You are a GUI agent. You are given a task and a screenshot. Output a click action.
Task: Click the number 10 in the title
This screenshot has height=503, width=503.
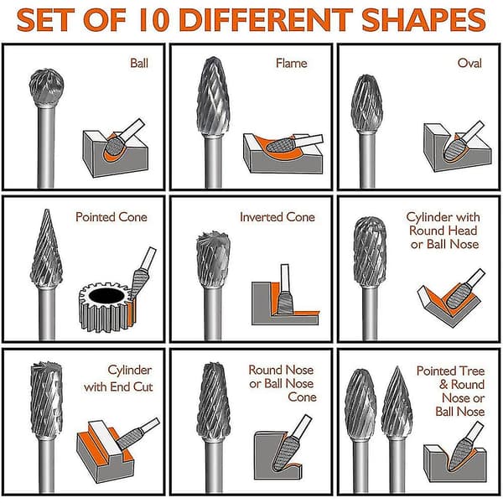tap(154, 20)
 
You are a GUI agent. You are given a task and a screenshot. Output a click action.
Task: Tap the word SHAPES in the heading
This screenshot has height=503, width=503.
tap(423, 20)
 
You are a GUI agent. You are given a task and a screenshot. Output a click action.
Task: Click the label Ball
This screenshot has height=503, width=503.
tap(139, 63)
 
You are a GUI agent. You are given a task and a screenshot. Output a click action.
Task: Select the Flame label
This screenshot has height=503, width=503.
tap(291, 63)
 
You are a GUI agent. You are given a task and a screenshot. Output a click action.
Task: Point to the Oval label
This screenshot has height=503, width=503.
tap(469, 63)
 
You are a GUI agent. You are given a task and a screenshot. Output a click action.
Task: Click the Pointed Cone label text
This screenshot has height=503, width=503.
tap(111, 217)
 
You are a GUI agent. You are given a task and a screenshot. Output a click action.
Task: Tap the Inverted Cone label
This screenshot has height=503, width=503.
tap(277, 217)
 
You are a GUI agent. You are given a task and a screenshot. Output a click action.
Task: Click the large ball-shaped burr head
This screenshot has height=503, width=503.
tap(46, 87)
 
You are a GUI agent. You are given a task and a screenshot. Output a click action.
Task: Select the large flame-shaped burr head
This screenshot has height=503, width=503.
tap(213, 96)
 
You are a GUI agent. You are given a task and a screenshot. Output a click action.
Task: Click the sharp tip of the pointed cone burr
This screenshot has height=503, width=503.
tap(47, 210)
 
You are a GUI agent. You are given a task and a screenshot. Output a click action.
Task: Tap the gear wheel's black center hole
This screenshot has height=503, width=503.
tap(106, 296)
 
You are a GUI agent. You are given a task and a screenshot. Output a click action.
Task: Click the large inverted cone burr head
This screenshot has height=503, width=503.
tap(213, 259)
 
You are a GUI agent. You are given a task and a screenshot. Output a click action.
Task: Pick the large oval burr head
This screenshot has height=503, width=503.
tap(367, 103)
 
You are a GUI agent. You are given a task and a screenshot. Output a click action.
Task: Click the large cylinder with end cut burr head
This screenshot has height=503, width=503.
tap(46, 400)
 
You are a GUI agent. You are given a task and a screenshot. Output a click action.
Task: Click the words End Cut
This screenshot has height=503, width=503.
tap(132, 386)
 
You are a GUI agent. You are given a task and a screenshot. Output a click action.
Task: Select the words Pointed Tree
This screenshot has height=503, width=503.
tap(450, 371)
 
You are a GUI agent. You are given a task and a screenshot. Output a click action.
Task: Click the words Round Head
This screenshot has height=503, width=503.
tap(443, 231)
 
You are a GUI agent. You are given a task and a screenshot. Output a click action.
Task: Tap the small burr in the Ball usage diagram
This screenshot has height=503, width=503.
tap(114, 146)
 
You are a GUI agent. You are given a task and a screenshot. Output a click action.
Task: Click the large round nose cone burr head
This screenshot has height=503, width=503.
tap(213, 402)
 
